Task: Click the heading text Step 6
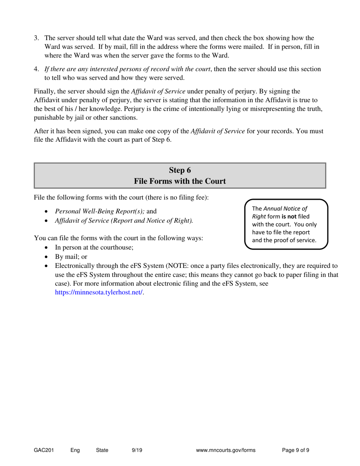(x=180, y=170)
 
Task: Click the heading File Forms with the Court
(x=180, y=181)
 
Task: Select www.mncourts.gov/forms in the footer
(x=226, y=450)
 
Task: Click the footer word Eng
(x=75, y=450)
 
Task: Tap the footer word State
(x=102, y=450)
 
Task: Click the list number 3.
(x=36, y=38)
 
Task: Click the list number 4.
(x=36, y=69)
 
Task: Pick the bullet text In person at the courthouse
(x=94, y=248)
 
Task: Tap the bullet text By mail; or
(x=71, y=257)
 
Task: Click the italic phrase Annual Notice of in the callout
(x=285, y=208)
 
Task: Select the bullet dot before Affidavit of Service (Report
(x=47, y=220)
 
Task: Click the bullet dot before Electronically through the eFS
(x=47, y=266)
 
